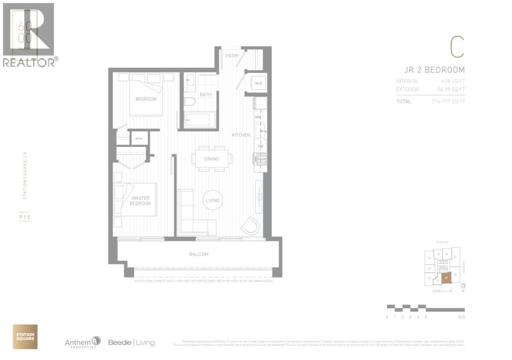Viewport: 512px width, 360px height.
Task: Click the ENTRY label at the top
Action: [232, 56]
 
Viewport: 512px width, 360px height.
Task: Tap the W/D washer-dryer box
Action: [258, 83]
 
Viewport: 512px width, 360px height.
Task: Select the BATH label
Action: [205, 95]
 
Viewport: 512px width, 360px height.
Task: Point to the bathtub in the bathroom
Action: [199, 119]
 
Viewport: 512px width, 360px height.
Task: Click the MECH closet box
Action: [139, 138]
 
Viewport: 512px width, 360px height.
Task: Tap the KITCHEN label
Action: [241, 135]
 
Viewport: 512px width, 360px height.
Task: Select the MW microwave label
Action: [258, 117]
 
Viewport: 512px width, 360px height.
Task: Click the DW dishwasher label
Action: [260, 146]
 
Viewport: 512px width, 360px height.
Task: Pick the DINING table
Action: [211, 159]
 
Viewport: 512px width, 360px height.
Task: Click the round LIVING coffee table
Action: [213, 200]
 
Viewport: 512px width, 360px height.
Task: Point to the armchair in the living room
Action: [250, 226]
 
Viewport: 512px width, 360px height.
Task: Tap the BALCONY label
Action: [199, 254]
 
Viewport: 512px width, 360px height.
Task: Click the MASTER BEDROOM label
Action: [141, 201]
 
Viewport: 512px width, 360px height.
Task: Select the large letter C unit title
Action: [457, 47]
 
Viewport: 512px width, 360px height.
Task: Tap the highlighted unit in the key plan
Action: [446, 278]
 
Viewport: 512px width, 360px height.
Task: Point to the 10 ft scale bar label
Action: [461, 317]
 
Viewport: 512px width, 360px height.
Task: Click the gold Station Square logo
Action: [25, 336]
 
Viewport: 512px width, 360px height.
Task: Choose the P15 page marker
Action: [25, 218]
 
